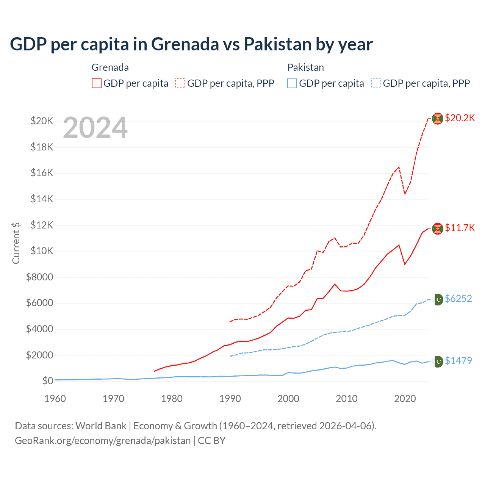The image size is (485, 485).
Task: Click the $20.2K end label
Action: tap(460, 118)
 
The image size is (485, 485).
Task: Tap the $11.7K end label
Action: tap(460, 228)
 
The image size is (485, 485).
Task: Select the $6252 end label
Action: tap(458, 299)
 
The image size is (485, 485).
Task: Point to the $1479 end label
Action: tap(458, 361)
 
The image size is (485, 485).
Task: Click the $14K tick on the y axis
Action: tap(42, 199)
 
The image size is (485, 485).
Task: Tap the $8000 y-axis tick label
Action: tap(39, 277)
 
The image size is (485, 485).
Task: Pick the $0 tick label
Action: tap(47, 381)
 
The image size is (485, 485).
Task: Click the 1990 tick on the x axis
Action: tap(230, 399)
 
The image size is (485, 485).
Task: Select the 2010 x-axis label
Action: tap(347, 399)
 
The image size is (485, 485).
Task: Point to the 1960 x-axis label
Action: tap(55, 399)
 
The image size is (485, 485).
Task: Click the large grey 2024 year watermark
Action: tap(95, 128)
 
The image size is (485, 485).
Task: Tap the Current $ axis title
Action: tap(16, 243)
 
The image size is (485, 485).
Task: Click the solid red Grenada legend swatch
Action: tap(97, 83)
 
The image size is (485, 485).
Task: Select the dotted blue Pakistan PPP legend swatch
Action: tap(376, 83)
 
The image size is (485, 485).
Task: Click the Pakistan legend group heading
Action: tap(305, 67)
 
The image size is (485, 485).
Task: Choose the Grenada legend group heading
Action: tap(110, 67)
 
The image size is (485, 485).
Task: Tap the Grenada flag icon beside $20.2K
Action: tap(438, 119)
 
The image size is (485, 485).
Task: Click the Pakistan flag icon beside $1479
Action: tap(438, 361)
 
